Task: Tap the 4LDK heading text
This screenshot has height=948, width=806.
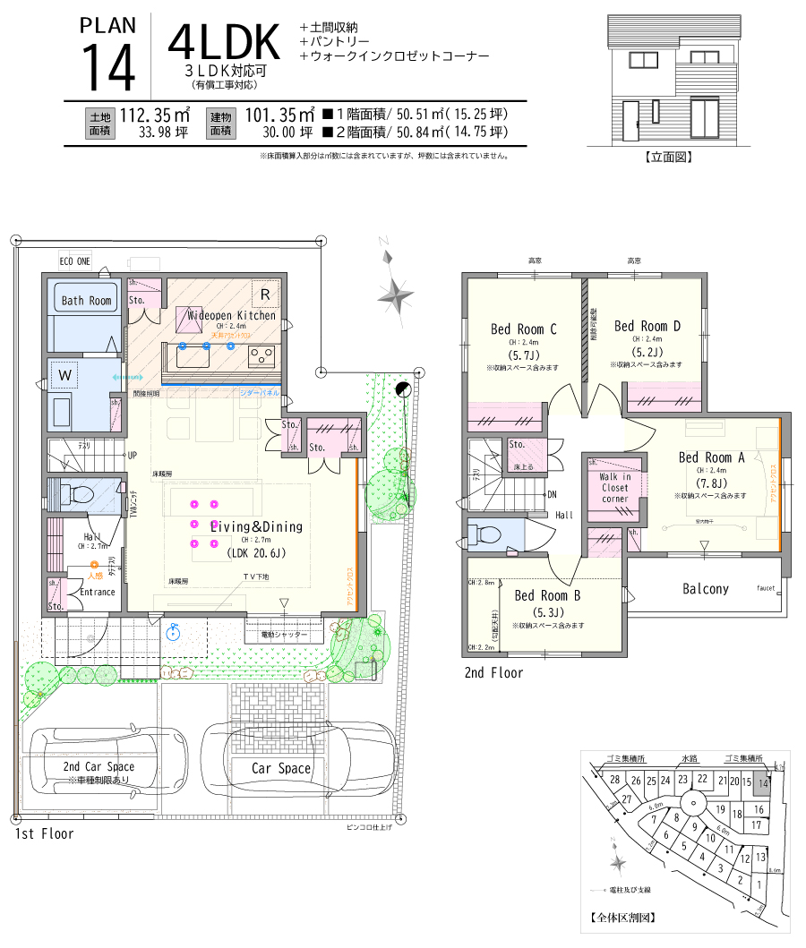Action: pos(225,42)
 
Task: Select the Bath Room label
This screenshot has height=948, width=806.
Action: pos(87,301)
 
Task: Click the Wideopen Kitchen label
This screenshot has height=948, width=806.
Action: pos(231,315)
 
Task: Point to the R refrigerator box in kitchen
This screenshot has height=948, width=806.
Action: pos(265,294)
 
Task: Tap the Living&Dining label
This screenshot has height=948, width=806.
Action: pos(256,526)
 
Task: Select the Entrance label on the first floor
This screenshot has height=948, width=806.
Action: pos(98,592)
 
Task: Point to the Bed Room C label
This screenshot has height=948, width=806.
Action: pos(524,329)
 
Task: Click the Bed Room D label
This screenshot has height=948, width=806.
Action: pos(647,326)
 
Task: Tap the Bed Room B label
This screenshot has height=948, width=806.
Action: pos(548,595)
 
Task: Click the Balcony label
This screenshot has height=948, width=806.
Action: pos(706,589)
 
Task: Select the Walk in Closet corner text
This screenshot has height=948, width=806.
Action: pos(614,489)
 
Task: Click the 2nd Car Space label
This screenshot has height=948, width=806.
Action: pos(99,766)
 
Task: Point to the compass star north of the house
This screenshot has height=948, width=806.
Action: pos(394,291)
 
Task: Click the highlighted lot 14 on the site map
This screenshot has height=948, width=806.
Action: pos(762,782)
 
